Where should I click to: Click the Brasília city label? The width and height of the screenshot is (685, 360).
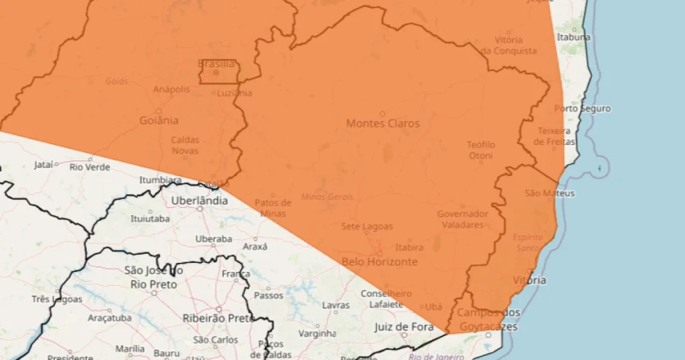click(x=216, y=64)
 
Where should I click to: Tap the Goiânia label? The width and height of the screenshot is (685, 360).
click(x=159, y=120)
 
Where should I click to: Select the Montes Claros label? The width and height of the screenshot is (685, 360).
click(x=383, y=123)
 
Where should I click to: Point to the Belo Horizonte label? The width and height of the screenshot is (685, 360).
click(x=379, y=262)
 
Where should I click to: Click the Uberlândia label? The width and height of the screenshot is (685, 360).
click(x=199, y=200)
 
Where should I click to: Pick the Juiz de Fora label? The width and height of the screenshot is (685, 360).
click(x=401, y=327)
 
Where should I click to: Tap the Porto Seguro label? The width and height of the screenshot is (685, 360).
click(x=582, y=108)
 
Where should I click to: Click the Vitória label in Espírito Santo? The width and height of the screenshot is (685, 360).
click(x=528, y=280)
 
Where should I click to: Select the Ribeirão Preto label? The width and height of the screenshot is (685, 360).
click(x=219, y=318)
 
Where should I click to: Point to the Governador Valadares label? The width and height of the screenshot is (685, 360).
click(x=462, y=219)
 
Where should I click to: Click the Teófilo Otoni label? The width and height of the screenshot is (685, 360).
click(x=481, y=151)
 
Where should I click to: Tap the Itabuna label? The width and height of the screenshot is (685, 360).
click(x=573, y=37)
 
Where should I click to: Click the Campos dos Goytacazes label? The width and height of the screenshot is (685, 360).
click(x=488, y=319)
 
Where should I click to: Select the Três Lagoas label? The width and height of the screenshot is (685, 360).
click(x=56, y=299)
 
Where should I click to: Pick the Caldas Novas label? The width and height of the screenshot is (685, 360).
click(x=185, y=145)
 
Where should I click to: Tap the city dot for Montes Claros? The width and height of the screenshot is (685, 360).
click(x=383, y=114)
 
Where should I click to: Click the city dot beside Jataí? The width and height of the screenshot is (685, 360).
click(x=56, y=164)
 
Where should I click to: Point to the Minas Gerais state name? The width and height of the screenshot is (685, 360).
click(x=327, y=197)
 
